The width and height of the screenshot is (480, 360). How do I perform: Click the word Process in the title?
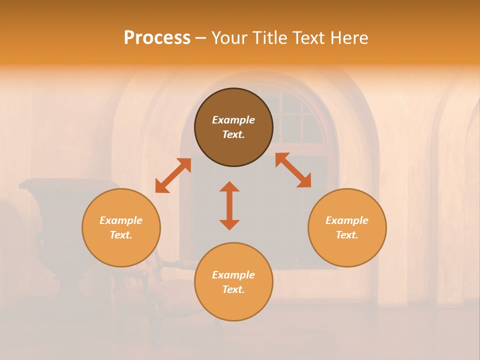157,38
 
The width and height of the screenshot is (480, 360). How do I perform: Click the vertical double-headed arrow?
229,205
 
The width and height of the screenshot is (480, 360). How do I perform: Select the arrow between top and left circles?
173,175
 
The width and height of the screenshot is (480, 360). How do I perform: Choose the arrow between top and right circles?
293,170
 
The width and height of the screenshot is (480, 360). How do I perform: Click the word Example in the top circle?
233,120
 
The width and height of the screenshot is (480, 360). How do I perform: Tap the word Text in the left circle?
121,235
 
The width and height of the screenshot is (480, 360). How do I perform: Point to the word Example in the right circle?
347,220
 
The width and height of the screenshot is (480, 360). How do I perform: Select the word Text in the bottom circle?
233,289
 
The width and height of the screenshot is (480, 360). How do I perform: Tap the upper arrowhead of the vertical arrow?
229,187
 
